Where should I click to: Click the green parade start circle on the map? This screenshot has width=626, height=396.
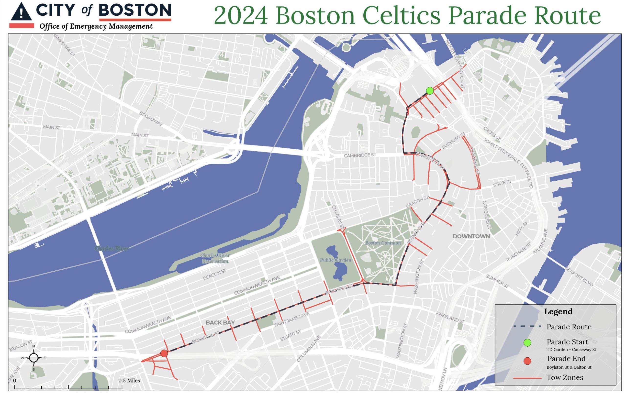pos(430,91)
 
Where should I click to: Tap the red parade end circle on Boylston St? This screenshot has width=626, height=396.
pos(164,353)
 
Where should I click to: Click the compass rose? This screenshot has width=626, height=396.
pos(34,358)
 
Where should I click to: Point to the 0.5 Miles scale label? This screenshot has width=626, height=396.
pos(129,381)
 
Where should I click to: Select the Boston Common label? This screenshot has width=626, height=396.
pos(383,243)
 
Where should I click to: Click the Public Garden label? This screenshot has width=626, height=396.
pos(335,260)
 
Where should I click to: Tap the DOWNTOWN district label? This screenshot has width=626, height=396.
pos(471,236)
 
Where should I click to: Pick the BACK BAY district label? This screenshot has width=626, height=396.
pos(220,323)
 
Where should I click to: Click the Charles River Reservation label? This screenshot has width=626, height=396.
pos(215,259)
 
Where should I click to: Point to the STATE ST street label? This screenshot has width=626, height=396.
pos(502,183)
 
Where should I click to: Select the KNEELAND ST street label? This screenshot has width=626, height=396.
pos(450,317)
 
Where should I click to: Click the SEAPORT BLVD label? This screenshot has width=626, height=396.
pos(579,277)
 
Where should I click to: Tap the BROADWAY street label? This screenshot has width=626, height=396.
pos(151,119)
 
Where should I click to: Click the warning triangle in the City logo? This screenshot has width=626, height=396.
pos(21,12)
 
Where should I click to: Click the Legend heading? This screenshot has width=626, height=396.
pos(558,312)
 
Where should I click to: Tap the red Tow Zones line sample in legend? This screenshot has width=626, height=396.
pos(527,378)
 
